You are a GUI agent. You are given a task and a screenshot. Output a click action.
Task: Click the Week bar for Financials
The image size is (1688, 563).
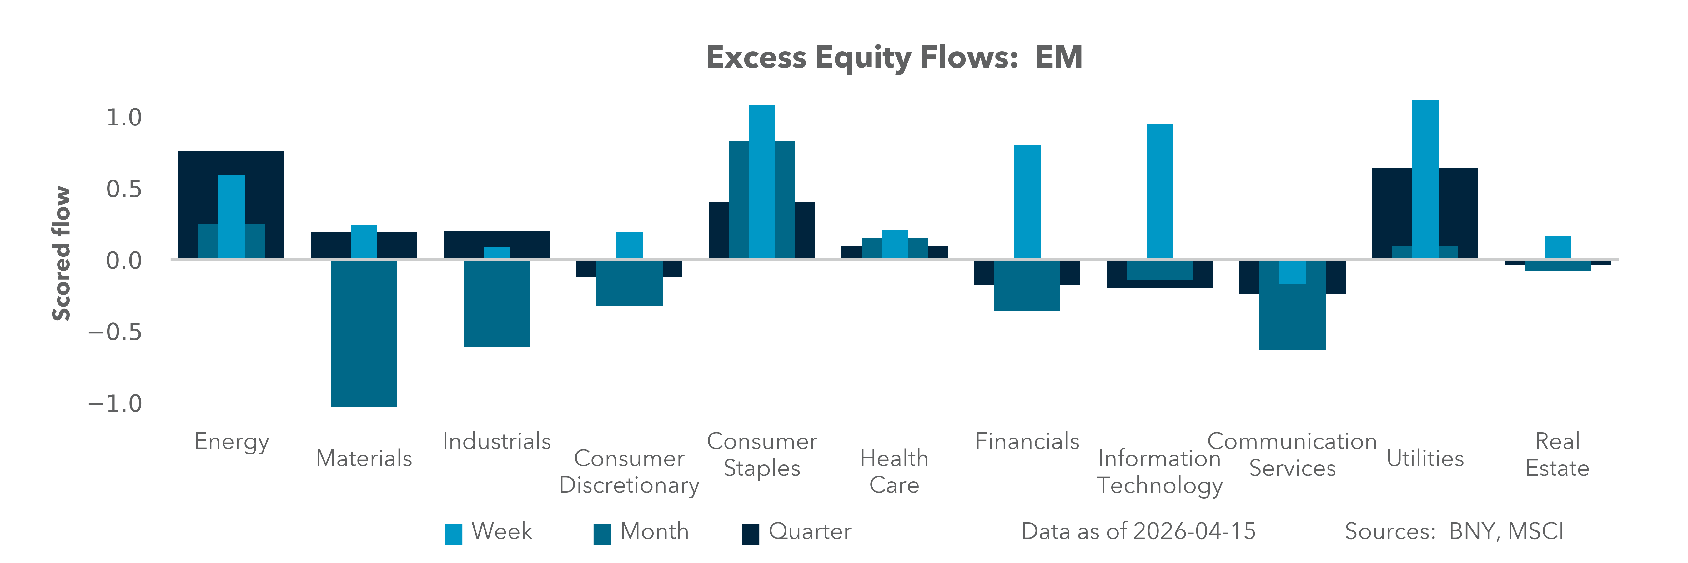(1027, 202)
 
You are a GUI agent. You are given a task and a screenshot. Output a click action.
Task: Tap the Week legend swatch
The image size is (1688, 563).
(454, 534)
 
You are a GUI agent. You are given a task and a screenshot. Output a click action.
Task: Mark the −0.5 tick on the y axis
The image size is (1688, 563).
(115, 332)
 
